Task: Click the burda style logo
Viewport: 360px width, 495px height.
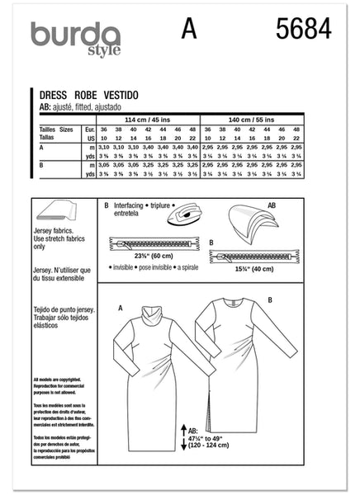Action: (75, 38)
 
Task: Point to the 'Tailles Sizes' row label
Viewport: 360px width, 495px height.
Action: (58, 130)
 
